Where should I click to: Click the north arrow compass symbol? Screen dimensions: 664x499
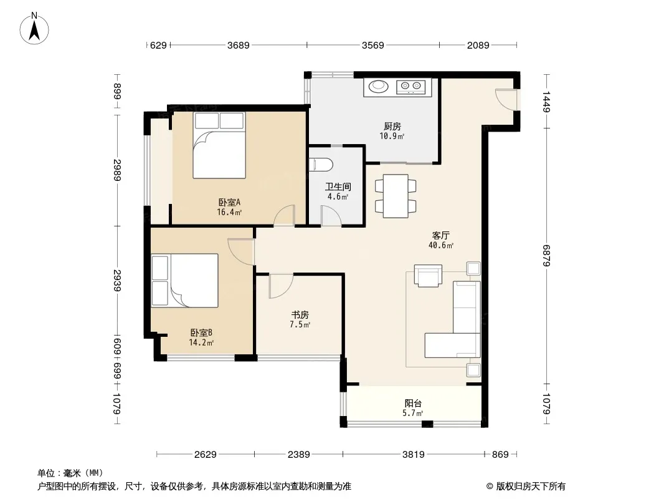(34, 29)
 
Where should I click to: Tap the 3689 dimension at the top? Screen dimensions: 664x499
(239, 45)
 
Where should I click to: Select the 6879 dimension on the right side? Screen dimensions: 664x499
(546, 256)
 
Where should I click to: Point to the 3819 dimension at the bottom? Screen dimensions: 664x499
(414, 455)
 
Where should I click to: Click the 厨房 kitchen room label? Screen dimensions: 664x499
(392, 127)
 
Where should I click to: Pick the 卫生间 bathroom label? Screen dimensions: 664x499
(338, 187)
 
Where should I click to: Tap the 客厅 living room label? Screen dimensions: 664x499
(441, 235)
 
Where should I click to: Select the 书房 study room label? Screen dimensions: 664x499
(300, 314)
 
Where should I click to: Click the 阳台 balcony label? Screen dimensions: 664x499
(413, 403)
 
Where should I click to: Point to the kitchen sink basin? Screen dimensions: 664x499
(378, 87)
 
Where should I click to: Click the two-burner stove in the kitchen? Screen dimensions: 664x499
(410, 87)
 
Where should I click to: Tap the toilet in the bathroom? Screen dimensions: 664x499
(321, 164)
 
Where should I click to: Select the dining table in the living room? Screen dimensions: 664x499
(396, 196)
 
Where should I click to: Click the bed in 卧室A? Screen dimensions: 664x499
(219, 145)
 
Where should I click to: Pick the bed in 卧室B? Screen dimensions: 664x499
(185, 280)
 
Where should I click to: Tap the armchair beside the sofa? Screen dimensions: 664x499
(428, 276)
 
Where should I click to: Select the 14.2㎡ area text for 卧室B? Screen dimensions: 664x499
(201, 342)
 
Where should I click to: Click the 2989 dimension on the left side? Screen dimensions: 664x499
(117, 170)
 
